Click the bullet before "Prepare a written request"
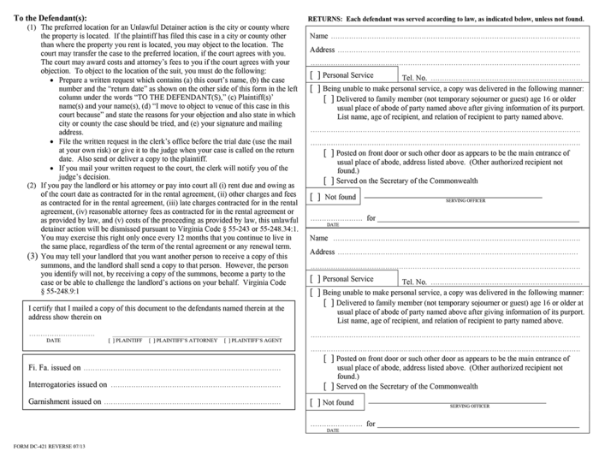[x=52, y=80]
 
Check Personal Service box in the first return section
[x=315, y=75]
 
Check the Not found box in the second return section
[x=315, y=402]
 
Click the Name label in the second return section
[x=318, y=238]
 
